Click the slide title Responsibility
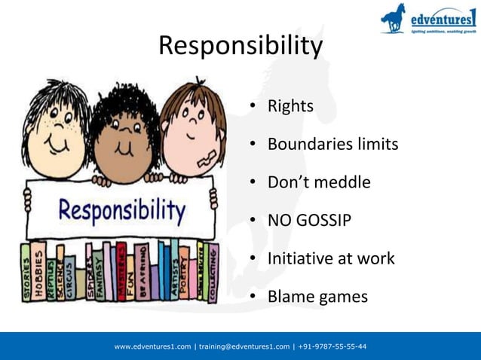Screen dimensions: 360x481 pyautogui.click(x=240, y=47)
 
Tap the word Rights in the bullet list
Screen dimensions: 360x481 pyautogui.click(x=290, y=106)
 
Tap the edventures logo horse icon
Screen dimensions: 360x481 pyautogui.click(x=394, y=18)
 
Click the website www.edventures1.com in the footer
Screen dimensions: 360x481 pyautogui.click(x=153, y=346)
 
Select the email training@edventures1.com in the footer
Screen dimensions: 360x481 pyautogui.click(x=244, y=346)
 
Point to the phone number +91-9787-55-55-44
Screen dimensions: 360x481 pyautogui.click(x=332, y=346)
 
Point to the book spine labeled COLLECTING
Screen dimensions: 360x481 pyautogui.click(x=213, y=273)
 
